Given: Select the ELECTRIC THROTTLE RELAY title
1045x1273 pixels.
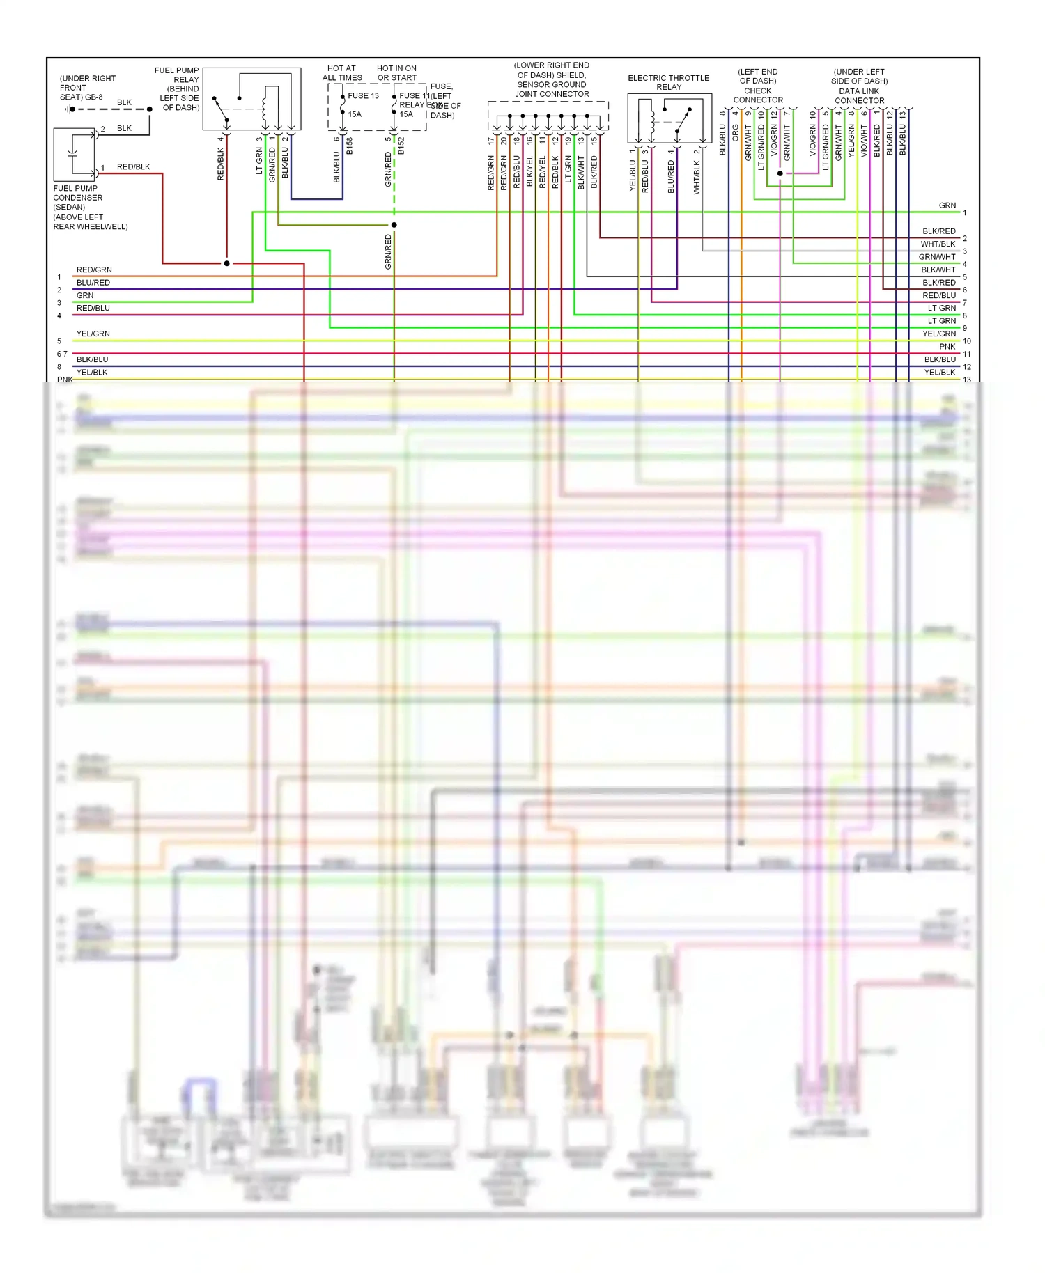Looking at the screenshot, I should (x=668, y=82).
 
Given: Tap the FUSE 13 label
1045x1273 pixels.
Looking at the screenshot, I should (x=363, y=96).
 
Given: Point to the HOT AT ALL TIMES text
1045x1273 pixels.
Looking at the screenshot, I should (x=342, y=73).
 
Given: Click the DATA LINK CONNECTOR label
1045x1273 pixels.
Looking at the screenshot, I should (x=859, y=96).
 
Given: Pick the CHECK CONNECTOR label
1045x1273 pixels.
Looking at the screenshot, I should (x=758, y=95).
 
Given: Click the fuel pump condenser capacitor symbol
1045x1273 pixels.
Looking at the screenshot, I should (x=74, y=154).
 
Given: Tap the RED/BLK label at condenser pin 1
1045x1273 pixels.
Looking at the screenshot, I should (x=133, y=167).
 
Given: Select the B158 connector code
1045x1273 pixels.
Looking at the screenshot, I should (x=350, y=146).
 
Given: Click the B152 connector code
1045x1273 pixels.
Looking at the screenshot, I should (x=401, y=146).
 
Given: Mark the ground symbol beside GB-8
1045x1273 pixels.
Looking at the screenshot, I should (x=70, y=109).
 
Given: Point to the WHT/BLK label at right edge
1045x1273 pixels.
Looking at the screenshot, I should (x=938, y=244).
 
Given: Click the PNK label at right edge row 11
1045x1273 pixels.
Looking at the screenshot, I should (x=947, y=347).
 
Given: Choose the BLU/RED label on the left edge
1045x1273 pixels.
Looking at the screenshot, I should (x=93, y=283).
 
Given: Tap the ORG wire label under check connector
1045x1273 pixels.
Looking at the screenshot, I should (x=735, y=133).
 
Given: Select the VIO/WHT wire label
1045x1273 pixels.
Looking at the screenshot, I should (x=864, y=141).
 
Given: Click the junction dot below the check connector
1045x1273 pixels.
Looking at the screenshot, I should (x=780, y=173).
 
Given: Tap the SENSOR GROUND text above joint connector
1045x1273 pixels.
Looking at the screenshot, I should (x=551, y=84).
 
